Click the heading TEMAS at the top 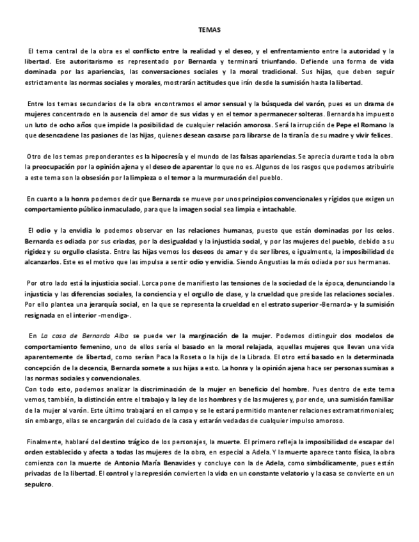(209, 30)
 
